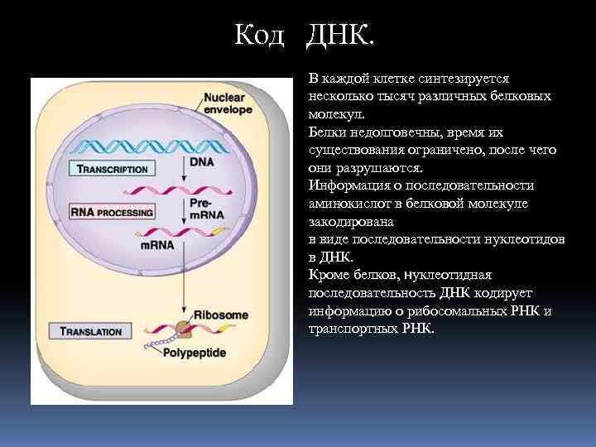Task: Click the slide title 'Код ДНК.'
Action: tap(305, 36)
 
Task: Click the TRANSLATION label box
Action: tap(92, 331)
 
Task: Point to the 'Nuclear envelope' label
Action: tap(226, 103)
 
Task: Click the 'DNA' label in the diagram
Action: tap(201, 162)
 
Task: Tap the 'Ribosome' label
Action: tap(220, 315)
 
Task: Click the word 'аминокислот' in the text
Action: tap(348, 203)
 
